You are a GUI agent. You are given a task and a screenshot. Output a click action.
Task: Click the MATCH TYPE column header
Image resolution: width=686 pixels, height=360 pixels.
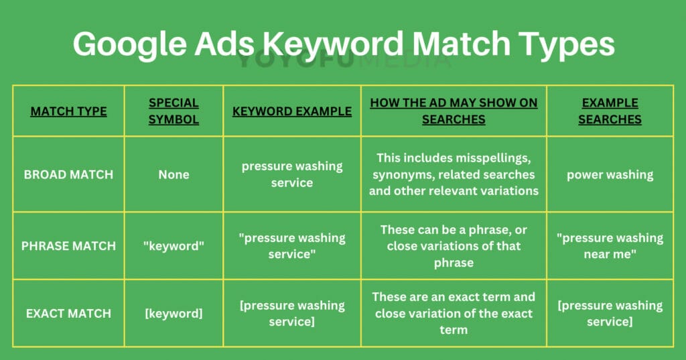pos(68,111)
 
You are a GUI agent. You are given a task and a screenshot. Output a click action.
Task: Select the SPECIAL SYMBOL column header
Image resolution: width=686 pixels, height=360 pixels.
pos(174,111)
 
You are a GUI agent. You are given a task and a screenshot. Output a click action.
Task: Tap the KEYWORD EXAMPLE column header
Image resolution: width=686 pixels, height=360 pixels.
pos(292,111)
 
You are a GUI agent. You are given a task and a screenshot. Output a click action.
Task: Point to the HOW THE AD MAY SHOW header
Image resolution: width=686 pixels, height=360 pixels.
pos(454,111)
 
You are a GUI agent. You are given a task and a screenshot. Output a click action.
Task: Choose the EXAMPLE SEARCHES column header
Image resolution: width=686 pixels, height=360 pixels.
pos(610,111)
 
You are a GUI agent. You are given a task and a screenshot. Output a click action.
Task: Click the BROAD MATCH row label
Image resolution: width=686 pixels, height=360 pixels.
pos(68,174)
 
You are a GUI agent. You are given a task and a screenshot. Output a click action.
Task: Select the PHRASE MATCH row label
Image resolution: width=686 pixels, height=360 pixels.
pos(68,246)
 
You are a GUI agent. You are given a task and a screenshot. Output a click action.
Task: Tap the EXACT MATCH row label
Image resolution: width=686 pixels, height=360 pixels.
pos(68,313)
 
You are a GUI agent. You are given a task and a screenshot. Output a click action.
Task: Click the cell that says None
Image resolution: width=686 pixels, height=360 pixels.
pos(174,174)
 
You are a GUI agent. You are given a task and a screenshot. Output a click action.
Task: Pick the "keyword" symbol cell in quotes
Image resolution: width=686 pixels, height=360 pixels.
pos(174,246)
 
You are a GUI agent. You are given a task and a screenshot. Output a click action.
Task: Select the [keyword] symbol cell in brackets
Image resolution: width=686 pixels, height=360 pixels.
pos(174,313)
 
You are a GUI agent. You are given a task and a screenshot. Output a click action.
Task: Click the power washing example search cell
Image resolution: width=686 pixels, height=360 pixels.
pos(610,174)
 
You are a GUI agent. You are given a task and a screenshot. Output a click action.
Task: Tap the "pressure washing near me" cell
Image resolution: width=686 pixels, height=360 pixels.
pos(610,246)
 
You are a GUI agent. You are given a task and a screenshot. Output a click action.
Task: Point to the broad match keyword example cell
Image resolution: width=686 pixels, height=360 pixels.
pos(292,174)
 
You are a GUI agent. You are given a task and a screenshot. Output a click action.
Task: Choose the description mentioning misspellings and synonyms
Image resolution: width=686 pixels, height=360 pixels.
pos(454,174)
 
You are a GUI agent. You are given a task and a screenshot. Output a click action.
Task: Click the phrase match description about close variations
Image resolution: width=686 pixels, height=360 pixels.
pos(454,246)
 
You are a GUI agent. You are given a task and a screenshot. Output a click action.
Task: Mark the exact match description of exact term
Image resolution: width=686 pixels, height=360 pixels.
pos(454,313)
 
